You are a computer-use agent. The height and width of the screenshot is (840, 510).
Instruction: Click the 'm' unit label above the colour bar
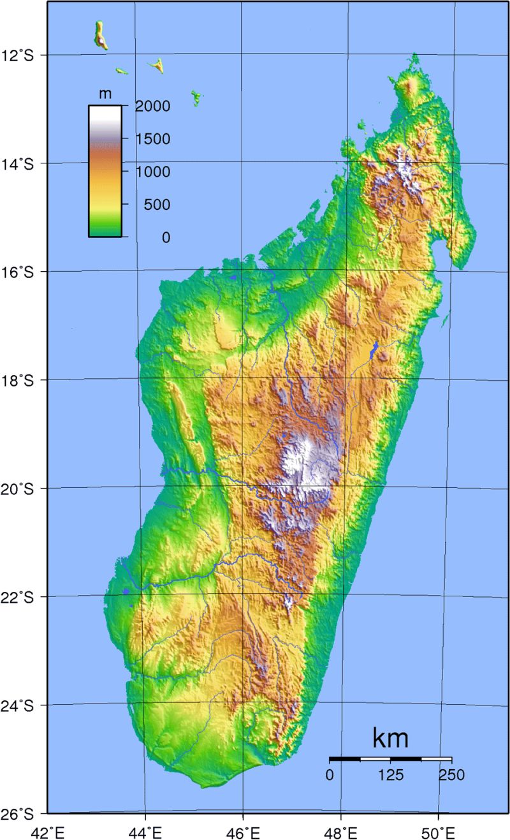tap(105, 94)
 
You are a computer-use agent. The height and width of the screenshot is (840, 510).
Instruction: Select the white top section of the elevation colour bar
tap(105, 115)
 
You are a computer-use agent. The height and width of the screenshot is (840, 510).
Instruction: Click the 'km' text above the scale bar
tap(390, 738)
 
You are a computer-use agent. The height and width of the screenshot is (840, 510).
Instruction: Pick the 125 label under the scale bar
tap(390, 776)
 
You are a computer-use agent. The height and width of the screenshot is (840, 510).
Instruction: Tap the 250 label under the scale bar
tap(451, 776)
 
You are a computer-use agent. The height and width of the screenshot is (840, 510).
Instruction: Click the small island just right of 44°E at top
tap(157, 65)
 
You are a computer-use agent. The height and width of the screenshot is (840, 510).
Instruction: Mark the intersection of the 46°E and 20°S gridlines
tap(242, 489)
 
